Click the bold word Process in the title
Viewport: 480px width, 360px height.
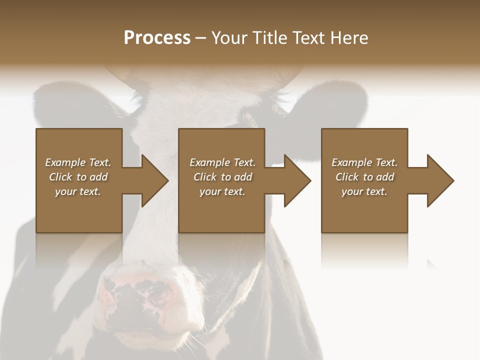click(x=157, y=38)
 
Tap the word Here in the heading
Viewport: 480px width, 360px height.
click(x=349, y=38)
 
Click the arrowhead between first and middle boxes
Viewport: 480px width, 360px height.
click(x=154, y=180)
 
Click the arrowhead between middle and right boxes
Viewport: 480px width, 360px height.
click(x=297, y=180)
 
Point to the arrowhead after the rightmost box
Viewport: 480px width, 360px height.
click(x=440, y=180)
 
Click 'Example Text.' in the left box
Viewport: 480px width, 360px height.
click(x=78, y=162)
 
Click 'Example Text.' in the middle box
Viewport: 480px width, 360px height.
click(x=222, y=162)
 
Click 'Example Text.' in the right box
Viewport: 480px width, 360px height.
click(x=364, y=162)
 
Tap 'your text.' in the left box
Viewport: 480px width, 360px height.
click(x=78, y=191)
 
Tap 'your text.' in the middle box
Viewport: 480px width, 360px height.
click(x=222, y=191)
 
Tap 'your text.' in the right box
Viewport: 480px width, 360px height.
click(x=364, y=191)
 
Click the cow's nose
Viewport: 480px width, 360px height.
click(x=137, y=300)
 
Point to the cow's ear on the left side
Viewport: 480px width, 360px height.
click(x=65, y=102)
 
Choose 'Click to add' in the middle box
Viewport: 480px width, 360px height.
click(x=222, y=177)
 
